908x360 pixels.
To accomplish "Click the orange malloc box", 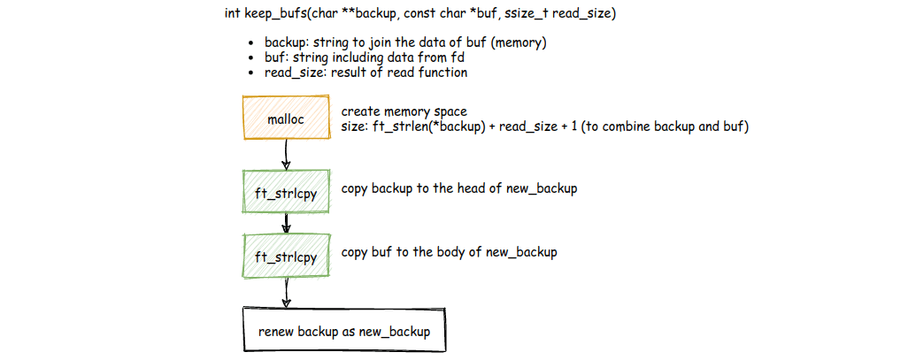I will (285, 119).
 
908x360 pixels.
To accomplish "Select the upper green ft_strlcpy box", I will (285, 190).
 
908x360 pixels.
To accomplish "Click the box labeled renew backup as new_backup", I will (343, 331).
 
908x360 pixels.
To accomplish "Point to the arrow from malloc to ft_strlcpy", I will (286, 157).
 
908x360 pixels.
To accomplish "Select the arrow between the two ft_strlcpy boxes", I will (286, 223).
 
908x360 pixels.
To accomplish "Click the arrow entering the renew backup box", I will (286, 292).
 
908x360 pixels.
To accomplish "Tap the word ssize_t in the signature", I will (541, 14).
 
